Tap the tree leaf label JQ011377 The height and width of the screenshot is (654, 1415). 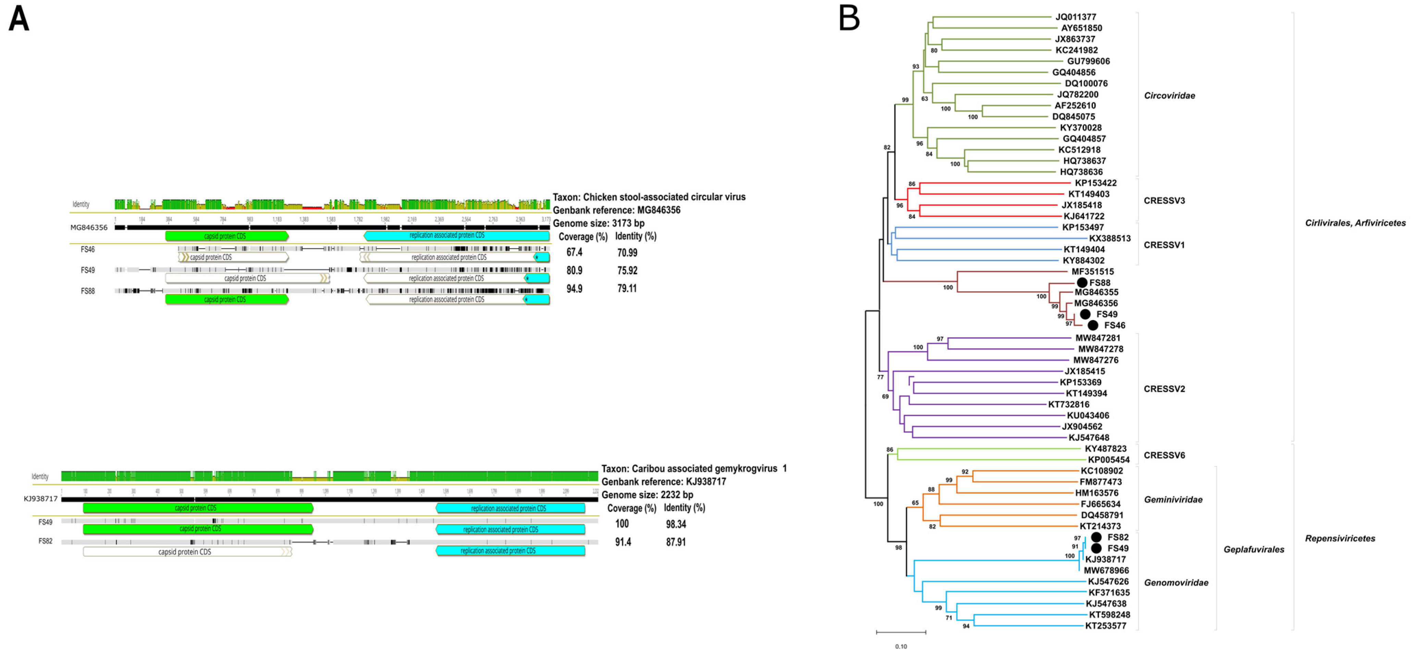tap(1075, 17)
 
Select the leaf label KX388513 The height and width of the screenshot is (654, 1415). tap(1110, 238)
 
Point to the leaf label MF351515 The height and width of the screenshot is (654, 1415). tap(1093, 271)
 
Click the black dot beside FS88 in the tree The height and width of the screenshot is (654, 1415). tap(1082, 282)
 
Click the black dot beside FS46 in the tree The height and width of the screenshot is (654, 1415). tap(1093, 325)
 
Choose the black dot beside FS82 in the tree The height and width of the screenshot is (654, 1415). tap(1096, 537)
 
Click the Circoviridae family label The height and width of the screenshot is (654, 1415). tap(1169, 96)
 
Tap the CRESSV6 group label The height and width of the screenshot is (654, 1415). tap(1164, 455)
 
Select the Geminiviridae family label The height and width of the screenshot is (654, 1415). tap(1173, 500)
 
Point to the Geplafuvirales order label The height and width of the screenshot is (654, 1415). tap(1254, 549)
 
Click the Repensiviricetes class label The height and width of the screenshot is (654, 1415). tap(1340, 538)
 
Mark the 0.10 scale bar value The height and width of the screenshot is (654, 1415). tap(901, 646)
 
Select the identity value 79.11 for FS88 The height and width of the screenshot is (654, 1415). tap(627, 288)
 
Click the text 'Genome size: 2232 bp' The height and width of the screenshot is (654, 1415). tap(647, 495)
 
